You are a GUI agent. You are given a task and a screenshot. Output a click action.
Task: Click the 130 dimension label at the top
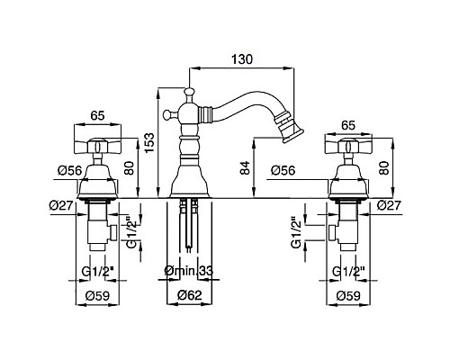click(242, 59)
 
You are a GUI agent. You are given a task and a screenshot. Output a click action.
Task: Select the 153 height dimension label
click(149, 142)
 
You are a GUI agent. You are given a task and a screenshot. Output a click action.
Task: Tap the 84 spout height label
click(245, 168)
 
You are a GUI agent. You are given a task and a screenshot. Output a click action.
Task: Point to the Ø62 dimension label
click(190, 295)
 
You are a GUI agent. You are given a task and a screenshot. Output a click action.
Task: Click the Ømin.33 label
click(189, 271)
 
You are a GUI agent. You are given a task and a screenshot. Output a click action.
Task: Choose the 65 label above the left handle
click(98, 115)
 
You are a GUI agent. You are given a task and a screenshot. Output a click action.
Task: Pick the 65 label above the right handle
click(348, 125)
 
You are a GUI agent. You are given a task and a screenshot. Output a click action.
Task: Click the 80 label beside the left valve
click(129, 167)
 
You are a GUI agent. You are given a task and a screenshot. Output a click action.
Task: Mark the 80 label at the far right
click(383, 167)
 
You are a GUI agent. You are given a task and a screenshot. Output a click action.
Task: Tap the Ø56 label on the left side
click(69, 171)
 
